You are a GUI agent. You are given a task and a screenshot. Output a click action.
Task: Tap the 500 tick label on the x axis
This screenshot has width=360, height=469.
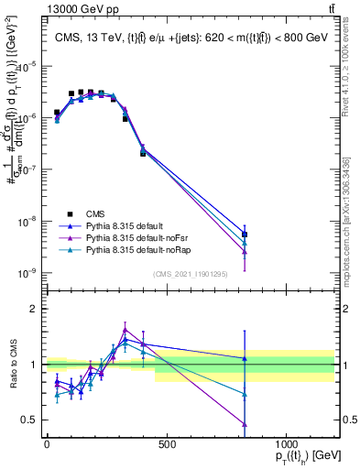click(167, 444)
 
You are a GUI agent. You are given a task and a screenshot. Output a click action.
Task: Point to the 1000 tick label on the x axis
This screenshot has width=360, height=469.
click(286, 444)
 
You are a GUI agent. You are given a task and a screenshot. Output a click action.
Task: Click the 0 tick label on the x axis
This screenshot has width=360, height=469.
click(47, 444)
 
